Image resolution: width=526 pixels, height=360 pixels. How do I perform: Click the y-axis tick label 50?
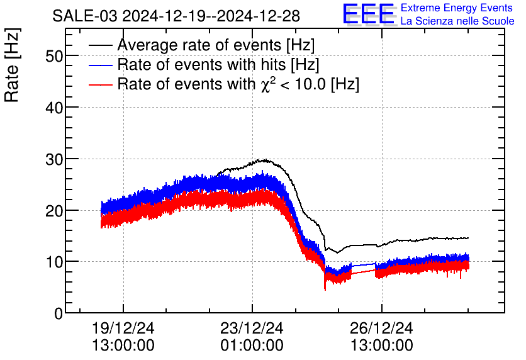point(55,56)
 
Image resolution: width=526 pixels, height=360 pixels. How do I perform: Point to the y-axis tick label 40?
point(55,108)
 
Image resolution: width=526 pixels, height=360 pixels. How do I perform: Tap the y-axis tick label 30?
point(55,159)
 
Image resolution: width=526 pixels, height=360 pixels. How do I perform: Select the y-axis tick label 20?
point(55,210)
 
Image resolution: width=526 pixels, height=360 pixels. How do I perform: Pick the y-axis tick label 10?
point(55,262)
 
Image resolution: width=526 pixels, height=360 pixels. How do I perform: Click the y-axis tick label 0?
point(59,313)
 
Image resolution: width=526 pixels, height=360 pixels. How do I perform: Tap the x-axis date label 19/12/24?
point(123,329)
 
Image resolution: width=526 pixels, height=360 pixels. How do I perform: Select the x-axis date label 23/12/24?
point(252,329)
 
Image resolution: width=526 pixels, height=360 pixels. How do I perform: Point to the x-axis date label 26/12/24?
point(382,329)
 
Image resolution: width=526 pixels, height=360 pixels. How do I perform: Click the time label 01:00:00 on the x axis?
point(252,346)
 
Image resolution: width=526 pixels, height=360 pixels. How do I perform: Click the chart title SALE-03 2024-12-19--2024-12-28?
point(176,15)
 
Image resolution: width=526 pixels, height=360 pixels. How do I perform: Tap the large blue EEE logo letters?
point(369,14)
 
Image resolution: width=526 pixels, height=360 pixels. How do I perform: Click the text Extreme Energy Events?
point(457,8)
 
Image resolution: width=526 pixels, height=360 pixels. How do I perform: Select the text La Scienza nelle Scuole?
point(457,21)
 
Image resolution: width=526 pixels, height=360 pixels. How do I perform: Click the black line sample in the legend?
point(101,45)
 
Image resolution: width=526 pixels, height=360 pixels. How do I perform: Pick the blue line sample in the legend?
point(101,65)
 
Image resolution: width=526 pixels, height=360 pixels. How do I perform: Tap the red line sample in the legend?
point(101,84)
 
